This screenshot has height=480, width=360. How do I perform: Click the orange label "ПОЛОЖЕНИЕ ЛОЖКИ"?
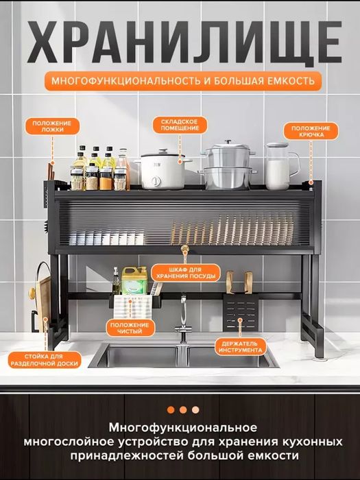click(52, 126)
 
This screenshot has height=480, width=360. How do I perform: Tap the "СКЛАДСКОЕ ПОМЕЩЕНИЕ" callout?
click(180, 125)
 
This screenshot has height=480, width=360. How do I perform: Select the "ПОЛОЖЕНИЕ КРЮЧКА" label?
click(311, 132)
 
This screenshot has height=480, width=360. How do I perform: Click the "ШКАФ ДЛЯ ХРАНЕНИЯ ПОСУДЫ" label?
click(186, 273)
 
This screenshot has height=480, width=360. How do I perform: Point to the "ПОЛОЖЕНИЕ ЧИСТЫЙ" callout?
click(130, 328)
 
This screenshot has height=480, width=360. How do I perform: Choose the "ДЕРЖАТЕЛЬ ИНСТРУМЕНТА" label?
click(240, 347)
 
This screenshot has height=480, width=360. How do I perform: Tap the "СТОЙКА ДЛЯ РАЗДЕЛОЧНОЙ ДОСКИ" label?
click(45, 360)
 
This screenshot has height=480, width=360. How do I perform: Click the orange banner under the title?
click(183, 81)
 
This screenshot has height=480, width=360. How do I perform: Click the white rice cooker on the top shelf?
click(163, 169)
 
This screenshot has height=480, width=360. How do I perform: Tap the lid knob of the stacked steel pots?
click(228, 142)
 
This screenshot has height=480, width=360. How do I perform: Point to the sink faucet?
click(183, 318)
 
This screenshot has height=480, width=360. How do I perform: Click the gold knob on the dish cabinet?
click(184, 248)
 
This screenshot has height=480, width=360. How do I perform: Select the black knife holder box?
click(241, 313)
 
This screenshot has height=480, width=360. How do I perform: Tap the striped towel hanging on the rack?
click(132, 306)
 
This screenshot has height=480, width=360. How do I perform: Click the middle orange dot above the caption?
click(183, 409)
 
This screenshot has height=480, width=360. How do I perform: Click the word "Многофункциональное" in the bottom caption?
click(183, 428)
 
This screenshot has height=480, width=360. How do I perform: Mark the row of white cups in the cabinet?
click(106, 239)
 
